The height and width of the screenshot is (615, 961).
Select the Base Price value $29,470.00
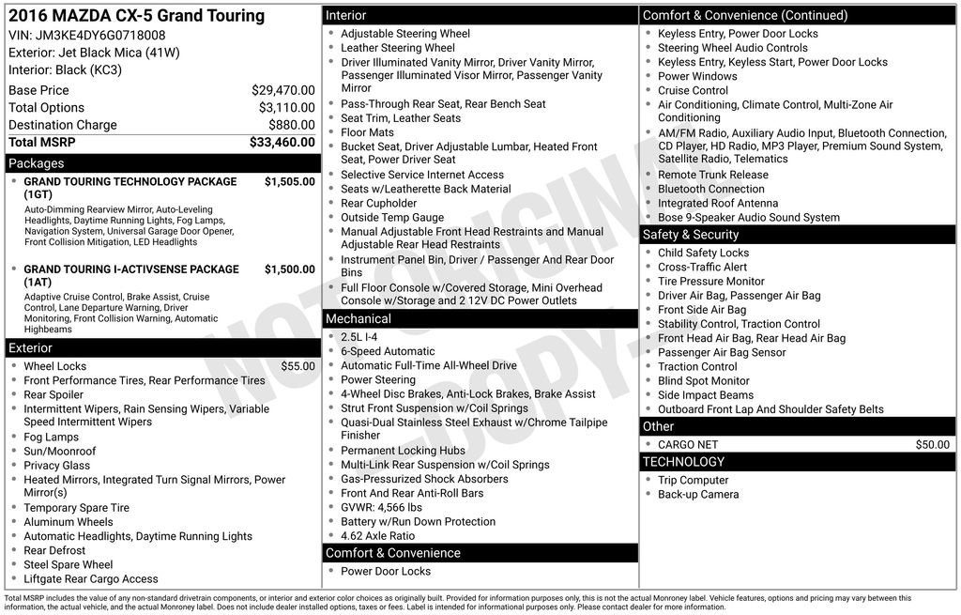(282, 90)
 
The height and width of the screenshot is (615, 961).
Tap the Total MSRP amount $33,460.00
(282, 143)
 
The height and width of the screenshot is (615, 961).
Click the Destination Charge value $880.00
(291, 125)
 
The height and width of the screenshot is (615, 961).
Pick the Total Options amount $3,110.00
(286, 108)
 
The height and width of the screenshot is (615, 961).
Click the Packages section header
(37, 163)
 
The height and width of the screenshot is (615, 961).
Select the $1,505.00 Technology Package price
(289, 181)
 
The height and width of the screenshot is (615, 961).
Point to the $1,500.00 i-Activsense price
(289, 269)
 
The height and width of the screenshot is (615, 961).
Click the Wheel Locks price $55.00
(297, 366)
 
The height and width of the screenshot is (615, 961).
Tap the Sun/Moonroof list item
(59, 452)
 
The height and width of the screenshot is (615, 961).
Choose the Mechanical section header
(358, 319)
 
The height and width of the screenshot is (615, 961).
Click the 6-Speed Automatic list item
(388, 351)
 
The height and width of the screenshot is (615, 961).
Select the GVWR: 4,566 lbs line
(381, 508)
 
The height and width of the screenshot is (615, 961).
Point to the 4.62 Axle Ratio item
(377, 536)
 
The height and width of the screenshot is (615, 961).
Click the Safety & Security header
(691, 235)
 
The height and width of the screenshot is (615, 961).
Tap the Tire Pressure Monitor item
(710, 281)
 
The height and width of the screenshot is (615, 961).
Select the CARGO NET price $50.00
(932, 445)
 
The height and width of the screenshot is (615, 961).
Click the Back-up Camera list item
(698, 495)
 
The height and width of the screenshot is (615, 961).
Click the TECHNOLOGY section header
(683, 462)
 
